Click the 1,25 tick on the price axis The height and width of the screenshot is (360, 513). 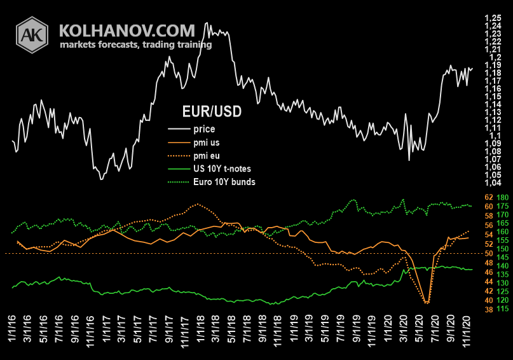[491, 18]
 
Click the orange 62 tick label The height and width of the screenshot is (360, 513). [489, 198]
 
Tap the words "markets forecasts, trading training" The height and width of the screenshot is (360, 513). [135, 45]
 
